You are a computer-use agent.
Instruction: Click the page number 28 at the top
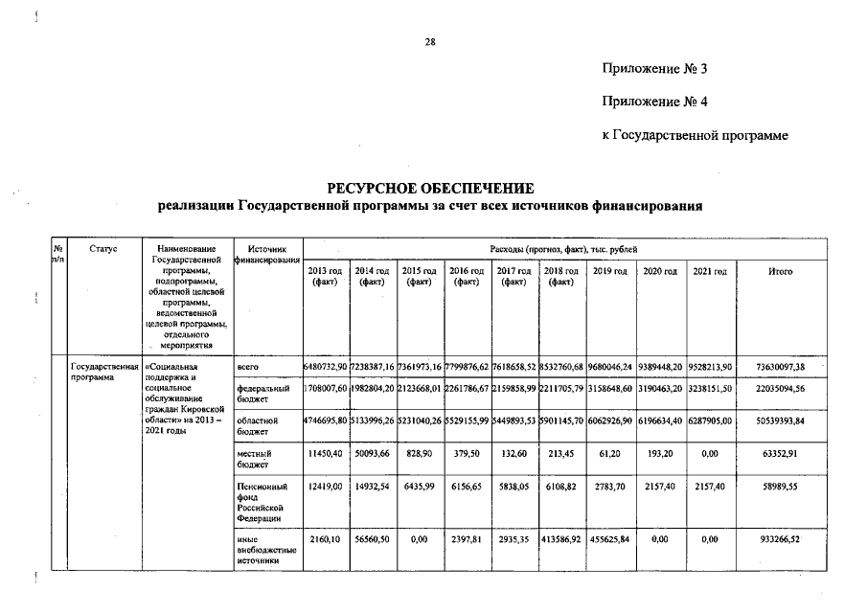click(x=430, y=41)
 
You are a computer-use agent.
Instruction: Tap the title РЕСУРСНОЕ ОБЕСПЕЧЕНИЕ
click(x=430, y=188)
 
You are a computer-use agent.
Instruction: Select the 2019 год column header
click(x=610, y=272)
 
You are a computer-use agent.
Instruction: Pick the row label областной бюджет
click(x=255, y=426)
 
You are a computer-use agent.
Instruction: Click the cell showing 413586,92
click(x=562, y=539)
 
